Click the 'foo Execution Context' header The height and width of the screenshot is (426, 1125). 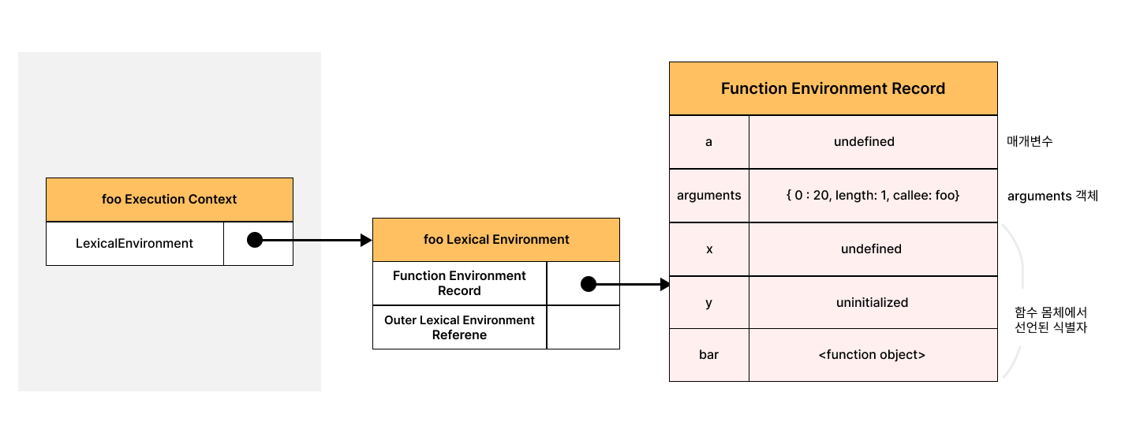click(x=170, y=200)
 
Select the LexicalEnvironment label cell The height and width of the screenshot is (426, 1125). click(x=135, y=244)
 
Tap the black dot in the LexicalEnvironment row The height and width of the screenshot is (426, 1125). click(x=255, y=240)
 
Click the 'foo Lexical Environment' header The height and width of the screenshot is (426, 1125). click(x=496, y=240)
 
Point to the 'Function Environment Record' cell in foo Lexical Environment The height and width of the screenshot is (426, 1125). click(x=459, y=283)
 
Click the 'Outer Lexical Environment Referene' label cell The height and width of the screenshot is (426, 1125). click(x=459, y=327)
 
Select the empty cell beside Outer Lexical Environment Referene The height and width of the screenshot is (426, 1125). click(x=583, y=327)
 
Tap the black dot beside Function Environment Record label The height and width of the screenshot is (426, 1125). click(x=588, y=284)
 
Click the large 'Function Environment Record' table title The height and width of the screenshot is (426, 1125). click(x=833, y=88)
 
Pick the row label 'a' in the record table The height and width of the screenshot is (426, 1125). click(x=708, y=142)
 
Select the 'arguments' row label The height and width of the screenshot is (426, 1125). click(x=708, y=196)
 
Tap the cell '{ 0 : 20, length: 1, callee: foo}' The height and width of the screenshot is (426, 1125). click(x=873, y=196)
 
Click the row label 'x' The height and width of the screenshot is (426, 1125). click(x=708, y=249)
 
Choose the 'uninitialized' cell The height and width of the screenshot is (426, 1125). click(x=873, y=302)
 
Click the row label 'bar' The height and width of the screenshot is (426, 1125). click(x=708, y=355)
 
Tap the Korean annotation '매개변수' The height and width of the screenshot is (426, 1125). click(x=1030, y=141)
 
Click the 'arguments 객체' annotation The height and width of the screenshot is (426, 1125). click(x=1052, y=196)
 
